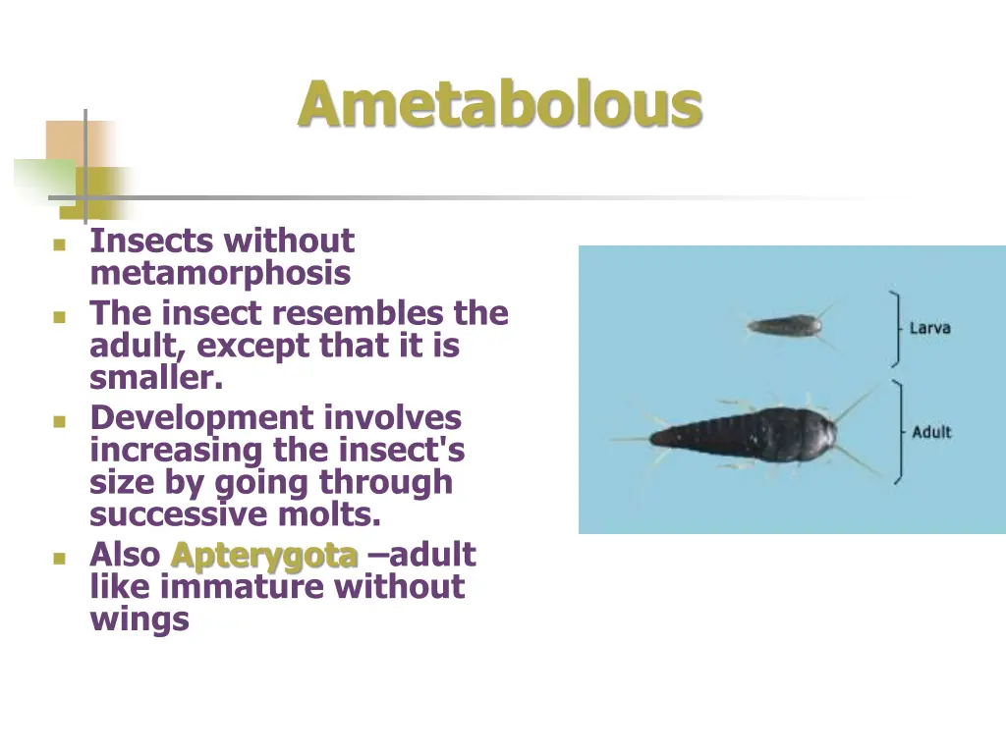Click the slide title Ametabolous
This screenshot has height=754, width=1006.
click(x=500, y=104)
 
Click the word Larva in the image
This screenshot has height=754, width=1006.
click(x=929, y=328)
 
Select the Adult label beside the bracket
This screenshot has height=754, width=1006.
click(x=931, y=432)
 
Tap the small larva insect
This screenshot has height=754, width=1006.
click(x=784, y=325)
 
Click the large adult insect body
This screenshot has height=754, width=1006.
click(x=747, y=433)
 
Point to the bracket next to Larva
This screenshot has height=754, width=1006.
click(x=895, y=328)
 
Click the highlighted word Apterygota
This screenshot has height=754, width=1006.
click(x=263, y=555)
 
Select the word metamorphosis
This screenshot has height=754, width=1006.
click(x=220, y=272)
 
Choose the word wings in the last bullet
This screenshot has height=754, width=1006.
click(x=140, y=619)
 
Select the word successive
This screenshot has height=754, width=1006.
click(x=184, y=513)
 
